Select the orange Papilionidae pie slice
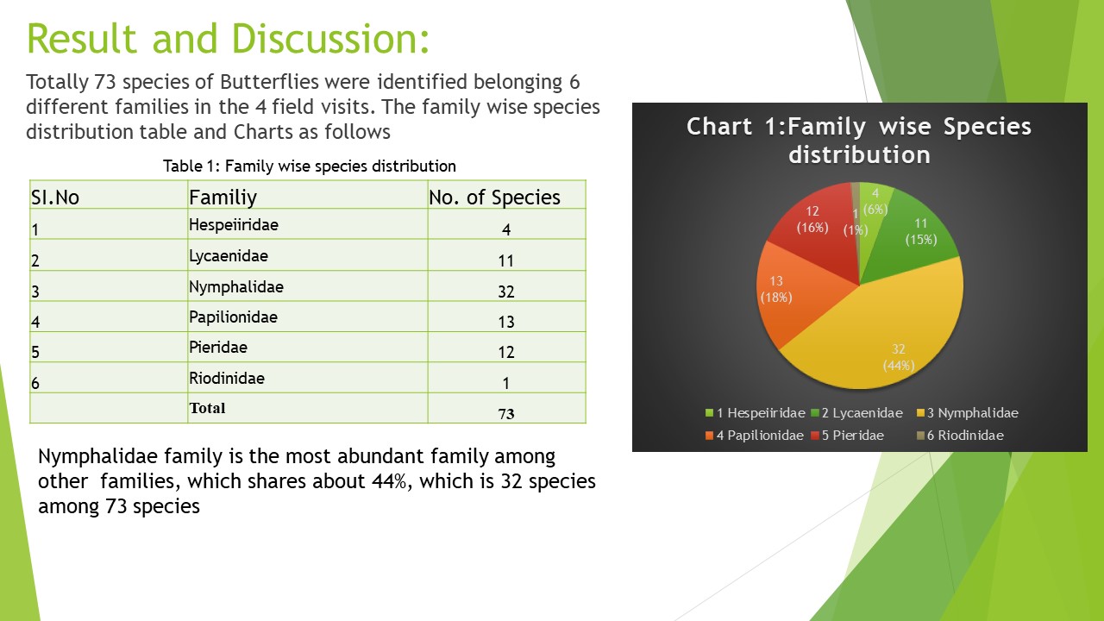(x=793, y=296)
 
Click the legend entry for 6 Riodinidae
(x=960, y=436)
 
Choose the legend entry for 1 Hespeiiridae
(x=755, y=413)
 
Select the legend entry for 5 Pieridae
(x=847, y=436)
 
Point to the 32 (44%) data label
(x=899, y=357)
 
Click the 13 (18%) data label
(x=776, y=289)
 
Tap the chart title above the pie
(x=859, y=141)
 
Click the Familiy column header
(x=223, y=198)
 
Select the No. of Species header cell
(x=494, y=198)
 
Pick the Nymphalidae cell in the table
(x=236, y=287)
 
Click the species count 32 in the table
(x=506, y=292)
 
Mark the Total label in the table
(x=208, y=408)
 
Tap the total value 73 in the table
(x=506, y=413)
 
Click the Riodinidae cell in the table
(x=227, y=379)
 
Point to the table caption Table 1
(x=310, y=166)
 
